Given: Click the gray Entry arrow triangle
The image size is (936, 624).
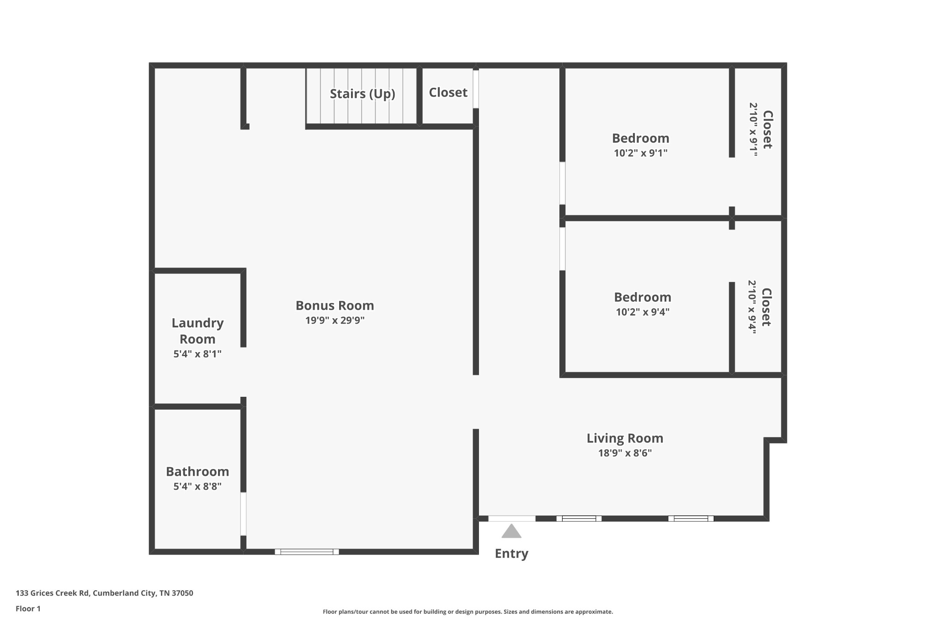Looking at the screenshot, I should [x=511, y=532].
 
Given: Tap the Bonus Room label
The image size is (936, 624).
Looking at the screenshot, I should [x=335, y=305].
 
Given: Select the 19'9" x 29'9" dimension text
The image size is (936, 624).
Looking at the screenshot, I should [x=335, y=320].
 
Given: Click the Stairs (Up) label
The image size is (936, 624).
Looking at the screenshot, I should [x=362, y=94].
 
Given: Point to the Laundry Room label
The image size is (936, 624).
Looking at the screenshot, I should [x=197, y=331].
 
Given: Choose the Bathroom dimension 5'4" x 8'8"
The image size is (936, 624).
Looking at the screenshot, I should [x=197, y=486].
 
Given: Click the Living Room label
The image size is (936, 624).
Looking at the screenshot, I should [x=625, y=438].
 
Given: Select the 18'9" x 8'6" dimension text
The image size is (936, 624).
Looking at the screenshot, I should [x=625, y=453].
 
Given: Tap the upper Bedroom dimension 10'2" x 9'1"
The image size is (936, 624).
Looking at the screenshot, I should [x=640, y=153].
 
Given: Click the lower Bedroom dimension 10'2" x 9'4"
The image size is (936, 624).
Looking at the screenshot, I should [x=642, y=312].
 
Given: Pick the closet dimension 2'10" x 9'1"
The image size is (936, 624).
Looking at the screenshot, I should [x=753, y=129].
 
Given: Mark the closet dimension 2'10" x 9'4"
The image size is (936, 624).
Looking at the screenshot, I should [x=752, y=307].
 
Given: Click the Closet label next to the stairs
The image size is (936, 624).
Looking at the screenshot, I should [x=448, y=93].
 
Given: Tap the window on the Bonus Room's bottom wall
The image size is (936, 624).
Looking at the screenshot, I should [x=307, y=552].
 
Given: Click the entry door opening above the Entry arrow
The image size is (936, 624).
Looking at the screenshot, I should [x=511, y=518].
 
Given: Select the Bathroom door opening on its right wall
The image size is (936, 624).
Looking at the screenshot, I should [x=244, y=514].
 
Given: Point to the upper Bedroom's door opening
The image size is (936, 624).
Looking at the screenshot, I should [x=563, y=183].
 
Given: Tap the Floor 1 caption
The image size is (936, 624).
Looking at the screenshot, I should [x=28, y=609].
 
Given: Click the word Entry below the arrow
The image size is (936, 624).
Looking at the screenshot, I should [x=511, y=554].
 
